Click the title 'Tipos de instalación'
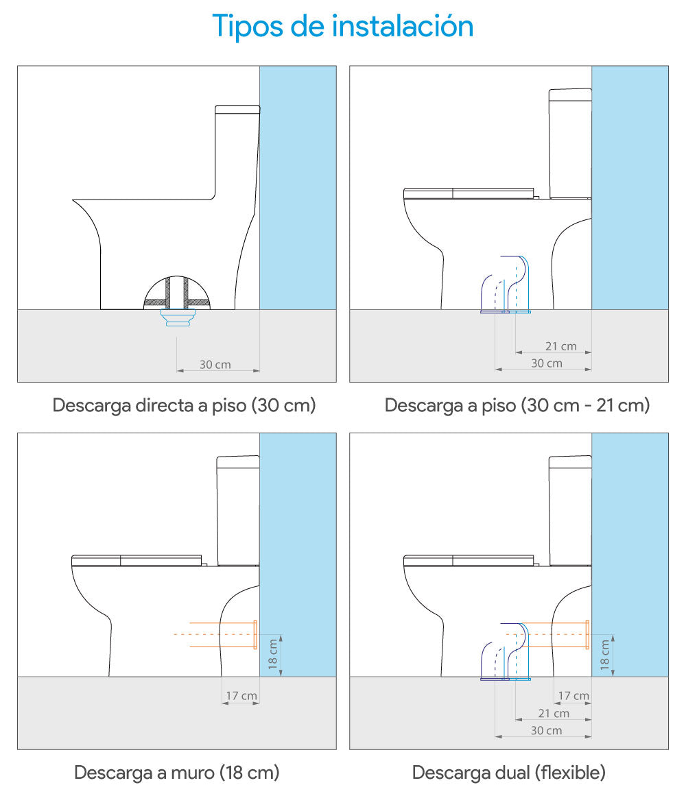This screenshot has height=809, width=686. (x=343, y=26)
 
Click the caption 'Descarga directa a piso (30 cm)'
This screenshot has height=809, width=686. (x=185, y=406)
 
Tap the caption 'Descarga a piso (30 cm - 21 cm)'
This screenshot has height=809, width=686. (x=517, y=406)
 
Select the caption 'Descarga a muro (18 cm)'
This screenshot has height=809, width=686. (x=177, y=773)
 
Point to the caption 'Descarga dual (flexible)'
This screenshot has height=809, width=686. (x=509, y=773)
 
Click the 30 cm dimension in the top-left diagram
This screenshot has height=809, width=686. (x=215, y=365)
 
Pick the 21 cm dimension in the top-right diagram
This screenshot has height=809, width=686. (x=561, y=347)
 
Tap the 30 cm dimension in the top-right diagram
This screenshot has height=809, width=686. (x=547, y=363)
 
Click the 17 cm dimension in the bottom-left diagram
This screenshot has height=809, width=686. (x=241, y=696)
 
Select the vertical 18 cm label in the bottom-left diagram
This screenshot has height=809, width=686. (x=273, y=655)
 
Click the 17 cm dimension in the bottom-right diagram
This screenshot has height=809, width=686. (x=573, y=696)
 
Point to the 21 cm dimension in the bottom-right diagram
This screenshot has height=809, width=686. (x=554, y=714)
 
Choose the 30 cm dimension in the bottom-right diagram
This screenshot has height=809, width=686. (x=547, y=731)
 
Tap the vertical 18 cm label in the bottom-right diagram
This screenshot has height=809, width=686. (x=605, y=655)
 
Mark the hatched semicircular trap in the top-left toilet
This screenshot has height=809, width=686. (x=177, y=293)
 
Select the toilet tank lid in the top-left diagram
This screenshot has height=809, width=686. (x=237, y=110)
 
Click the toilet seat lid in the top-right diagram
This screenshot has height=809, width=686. (x=469, y=193)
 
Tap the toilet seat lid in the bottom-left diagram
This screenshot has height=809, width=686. (x=137, y=561)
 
